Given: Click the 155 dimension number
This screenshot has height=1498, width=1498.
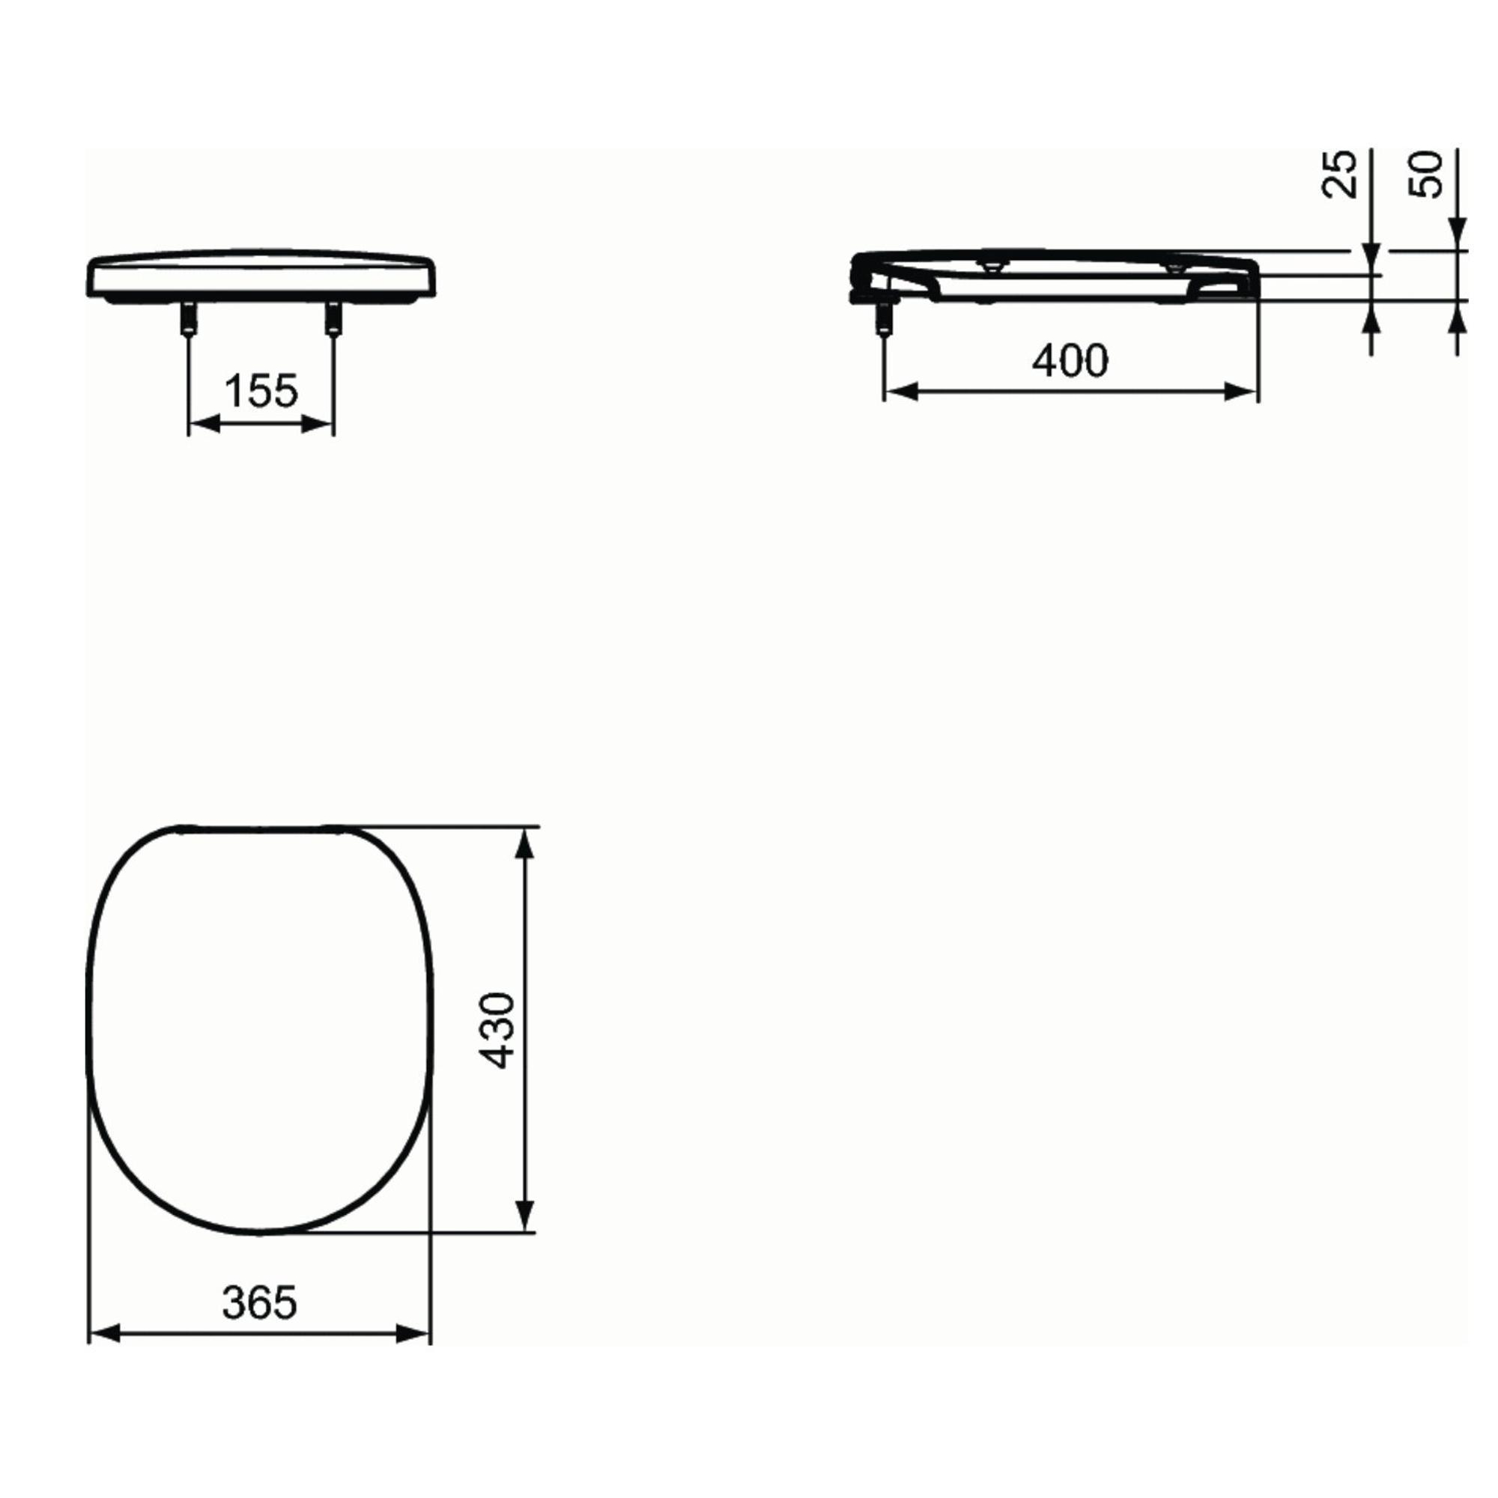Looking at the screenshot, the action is coord(261,391).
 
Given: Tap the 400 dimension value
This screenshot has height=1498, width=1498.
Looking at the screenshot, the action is coord(1070,360).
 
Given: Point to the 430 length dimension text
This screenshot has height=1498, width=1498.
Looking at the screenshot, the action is coord(497,1030).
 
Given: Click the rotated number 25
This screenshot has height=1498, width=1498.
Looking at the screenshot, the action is coord(1340,174).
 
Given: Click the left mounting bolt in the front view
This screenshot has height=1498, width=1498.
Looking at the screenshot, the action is coord(189,318).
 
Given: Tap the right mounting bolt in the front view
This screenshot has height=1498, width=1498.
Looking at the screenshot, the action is coord(333,318).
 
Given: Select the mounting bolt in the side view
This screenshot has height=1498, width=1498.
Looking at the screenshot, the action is coord(884,318).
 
